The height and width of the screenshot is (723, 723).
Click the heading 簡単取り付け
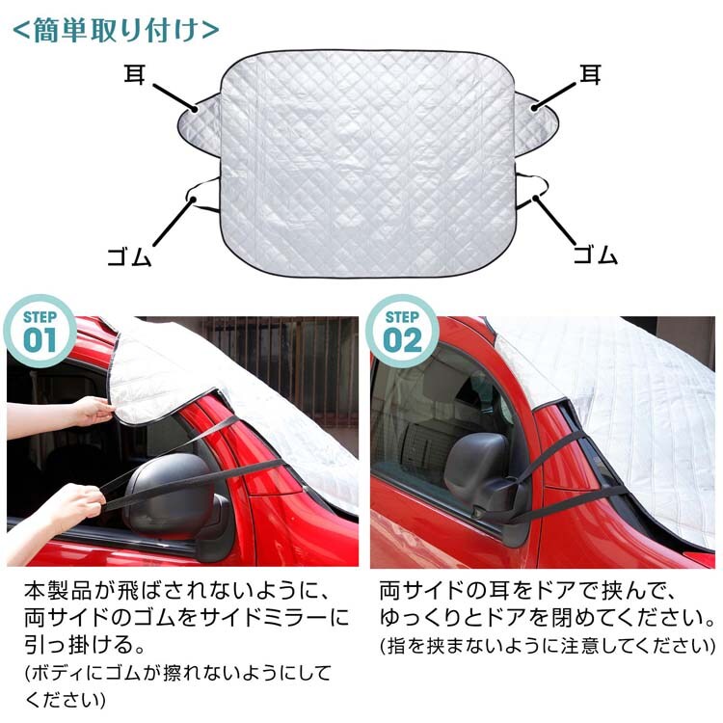click(x=116, y=31)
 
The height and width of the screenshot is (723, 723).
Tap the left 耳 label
click(x=134, y=74)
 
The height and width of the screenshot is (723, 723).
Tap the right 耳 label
click(x=591, y=74)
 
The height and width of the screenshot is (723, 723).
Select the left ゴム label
click(x=129, y=256)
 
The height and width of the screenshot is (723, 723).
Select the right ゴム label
click(x=596, y=254)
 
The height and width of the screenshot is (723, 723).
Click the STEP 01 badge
click(x=40, y=331)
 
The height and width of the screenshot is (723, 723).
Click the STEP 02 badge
click(x=402, y=331)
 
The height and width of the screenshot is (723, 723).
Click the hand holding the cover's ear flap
click(x=94, y=411)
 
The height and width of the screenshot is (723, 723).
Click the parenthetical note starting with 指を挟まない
click(x=547, y=646)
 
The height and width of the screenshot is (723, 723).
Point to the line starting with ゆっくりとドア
click(x=547, y=618)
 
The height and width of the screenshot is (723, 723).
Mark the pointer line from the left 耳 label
click(x=174, y=97)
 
